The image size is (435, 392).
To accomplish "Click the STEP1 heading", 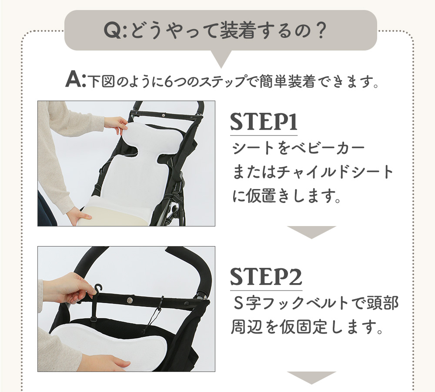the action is [x=264, y=122].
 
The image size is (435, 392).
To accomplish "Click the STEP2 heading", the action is [x=266, y=277].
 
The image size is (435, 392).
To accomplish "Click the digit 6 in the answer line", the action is [x=168, y=82].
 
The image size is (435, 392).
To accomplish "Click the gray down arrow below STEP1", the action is [x=311, y=231].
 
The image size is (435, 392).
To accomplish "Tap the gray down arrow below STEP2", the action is [x=311, y=377].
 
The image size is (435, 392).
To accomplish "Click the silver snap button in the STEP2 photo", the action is [x=130, y=300].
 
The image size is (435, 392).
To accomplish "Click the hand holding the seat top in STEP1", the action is [x=116, y=124].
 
